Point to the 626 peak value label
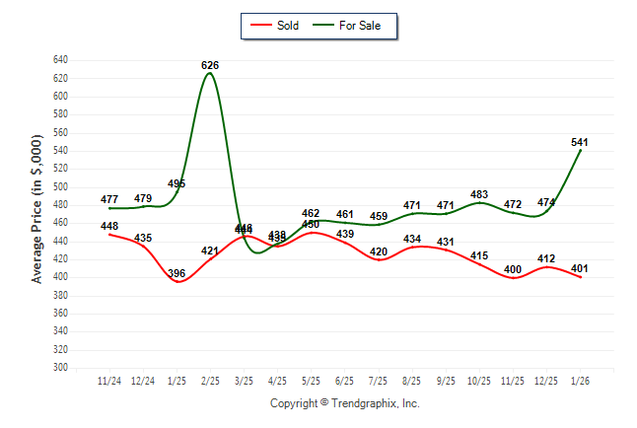pos(209,65)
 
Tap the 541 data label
pos(580,142)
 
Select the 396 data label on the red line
pos(177,273)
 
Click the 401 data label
pos(580,268)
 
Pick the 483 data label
pos(479,194)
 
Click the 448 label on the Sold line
pos(109,226)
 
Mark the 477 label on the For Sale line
pos(109,200)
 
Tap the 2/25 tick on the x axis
pos(210,381)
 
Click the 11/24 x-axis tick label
pos(109,381)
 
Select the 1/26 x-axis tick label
pos(580,381)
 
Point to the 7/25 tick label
pos(379,381)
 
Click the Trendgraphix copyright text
pos(345,403)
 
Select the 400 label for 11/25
pos(513,269)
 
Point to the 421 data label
pos(210,250)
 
